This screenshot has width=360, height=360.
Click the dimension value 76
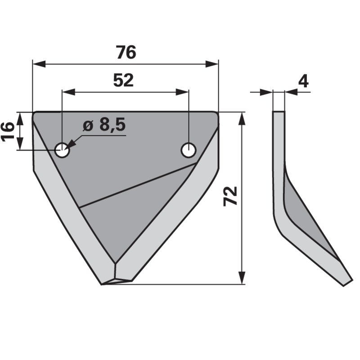tap(126, 53)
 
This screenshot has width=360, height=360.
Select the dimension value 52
tap(123, 81)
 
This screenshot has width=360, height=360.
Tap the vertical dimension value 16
tap(8, 131)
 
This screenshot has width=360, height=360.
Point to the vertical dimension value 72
tap(230, 196)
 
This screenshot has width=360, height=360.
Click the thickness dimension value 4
tap(304, 81)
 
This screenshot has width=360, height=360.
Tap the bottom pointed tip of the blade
tap(103, 284)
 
